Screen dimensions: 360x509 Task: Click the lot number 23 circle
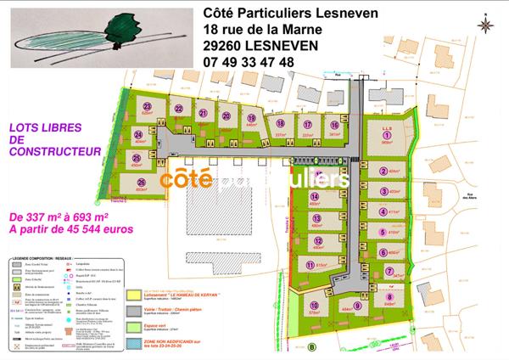point(147,107)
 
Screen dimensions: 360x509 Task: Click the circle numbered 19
point(252,118)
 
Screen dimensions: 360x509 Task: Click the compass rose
point(484,25)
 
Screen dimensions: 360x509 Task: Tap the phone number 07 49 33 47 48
point(249,62)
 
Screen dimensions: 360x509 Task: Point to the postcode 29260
point(225,46)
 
